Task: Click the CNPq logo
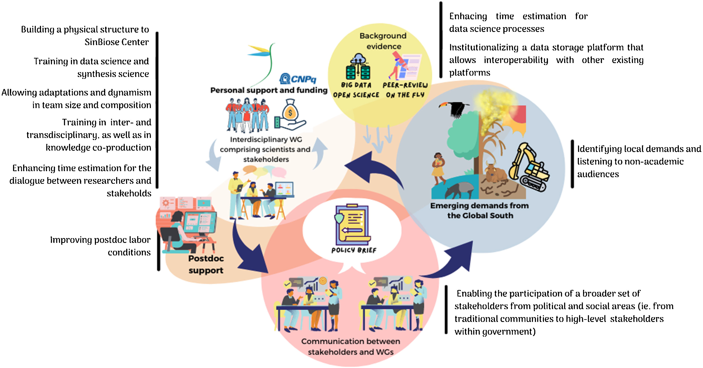[298, 79]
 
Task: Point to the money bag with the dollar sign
[290, 112]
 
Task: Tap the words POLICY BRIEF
[354, 250]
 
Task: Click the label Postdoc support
[206, 264]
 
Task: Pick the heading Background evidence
[383, 41]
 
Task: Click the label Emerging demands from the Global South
[480, 210]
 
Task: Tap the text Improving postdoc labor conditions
[100, 246]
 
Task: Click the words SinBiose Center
[117, 42]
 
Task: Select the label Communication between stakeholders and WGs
[351, 347]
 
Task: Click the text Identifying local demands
[639, 149]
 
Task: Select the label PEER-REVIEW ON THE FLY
[405, 90]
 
